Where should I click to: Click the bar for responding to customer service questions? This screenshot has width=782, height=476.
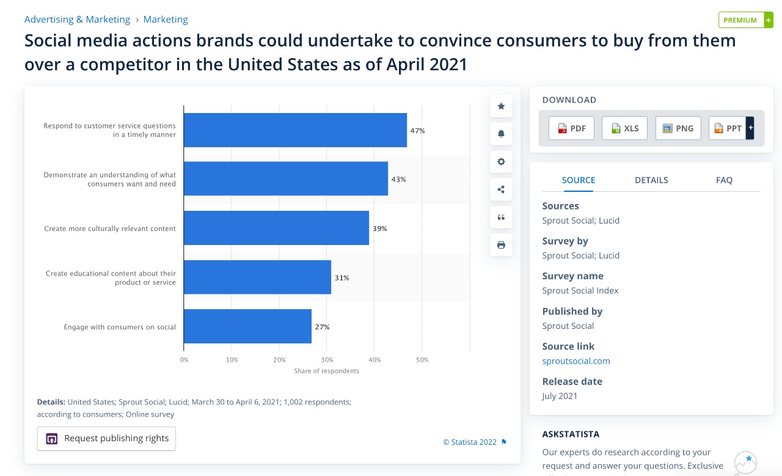coord(295,130)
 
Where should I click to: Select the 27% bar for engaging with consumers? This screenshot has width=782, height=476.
coord(247,326)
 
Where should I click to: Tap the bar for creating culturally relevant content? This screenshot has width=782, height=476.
coord(276,228)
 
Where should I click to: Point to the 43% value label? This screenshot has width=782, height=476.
coord(398,180)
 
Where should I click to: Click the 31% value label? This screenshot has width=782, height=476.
coord(342,278)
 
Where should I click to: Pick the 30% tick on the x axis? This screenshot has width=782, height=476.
coord(327,360)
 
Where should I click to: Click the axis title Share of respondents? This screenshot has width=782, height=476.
coord(326,371)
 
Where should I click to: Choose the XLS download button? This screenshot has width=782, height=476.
coord(624,128)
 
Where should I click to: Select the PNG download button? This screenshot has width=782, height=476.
coord(678,128)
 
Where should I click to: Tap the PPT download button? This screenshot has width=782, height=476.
coord(728,128)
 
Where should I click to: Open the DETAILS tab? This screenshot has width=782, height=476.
coord(651,180)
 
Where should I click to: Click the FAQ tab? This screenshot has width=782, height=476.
coord(724,180)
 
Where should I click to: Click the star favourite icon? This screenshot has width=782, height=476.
coord(501,106)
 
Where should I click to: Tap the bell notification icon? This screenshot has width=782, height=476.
coord(501,134)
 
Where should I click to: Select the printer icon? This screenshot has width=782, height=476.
coord(501,245)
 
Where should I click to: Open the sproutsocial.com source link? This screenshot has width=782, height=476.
coord(576,361)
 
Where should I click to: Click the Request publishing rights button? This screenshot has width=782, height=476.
coord(106,439)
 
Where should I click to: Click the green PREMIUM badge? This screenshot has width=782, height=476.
coord(740,20)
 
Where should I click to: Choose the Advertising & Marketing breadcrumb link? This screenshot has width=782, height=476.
coord(77,20)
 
